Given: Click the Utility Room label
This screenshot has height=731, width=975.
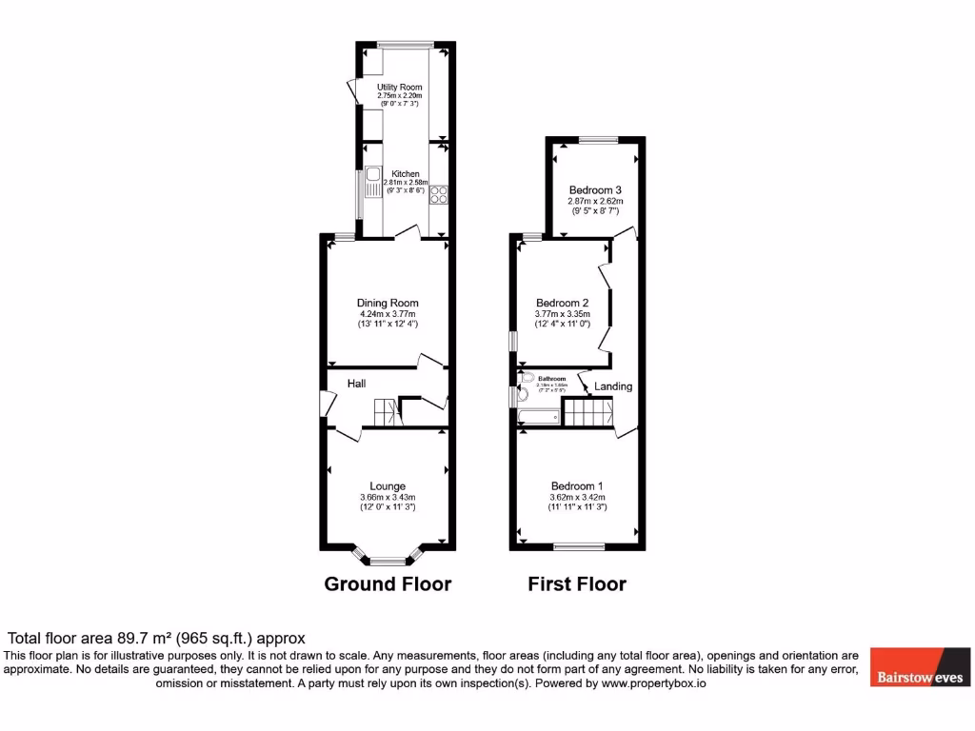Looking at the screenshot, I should pos(399,88).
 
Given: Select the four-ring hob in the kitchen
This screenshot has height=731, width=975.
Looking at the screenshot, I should pos(439,194).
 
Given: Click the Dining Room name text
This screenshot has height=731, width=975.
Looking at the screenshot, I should pos(388,304).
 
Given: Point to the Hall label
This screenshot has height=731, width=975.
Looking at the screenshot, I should pos(356,384).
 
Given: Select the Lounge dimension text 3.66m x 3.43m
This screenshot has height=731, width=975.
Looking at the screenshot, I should pos(388,497).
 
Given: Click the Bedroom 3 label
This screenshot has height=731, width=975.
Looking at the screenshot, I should pos(595,189).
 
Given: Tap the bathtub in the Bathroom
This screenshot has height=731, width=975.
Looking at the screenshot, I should pos(538,416).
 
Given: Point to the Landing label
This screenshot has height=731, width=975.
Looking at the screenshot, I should pos(613,386).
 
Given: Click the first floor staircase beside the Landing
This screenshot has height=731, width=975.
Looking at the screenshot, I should pos(587,413).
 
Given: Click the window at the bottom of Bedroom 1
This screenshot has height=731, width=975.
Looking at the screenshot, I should pos(579,547).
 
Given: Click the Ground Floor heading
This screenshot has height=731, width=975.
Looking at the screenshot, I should pos(388,583).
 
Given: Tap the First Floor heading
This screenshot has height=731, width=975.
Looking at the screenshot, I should pos(577,583).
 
